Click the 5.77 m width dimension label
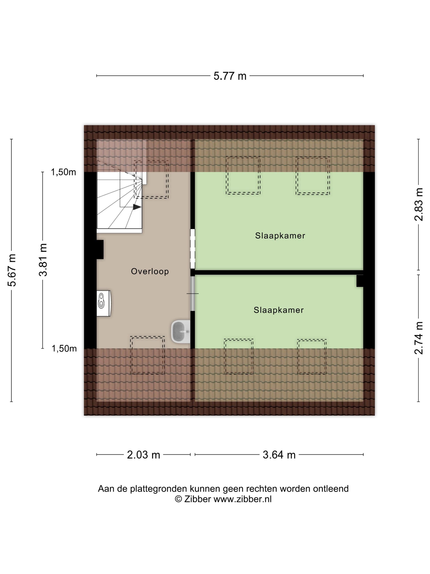coord(230,76)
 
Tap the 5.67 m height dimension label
coord(12,270)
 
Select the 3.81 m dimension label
coord(43,260)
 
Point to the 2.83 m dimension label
coord(419,204)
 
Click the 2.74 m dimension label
coord(419,338)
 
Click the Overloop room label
coord(150,271)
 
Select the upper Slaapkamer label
coord(280,235)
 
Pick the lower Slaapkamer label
coord(279,310)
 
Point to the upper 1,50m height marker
coord(63,172)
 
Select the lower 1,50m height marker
coord(64,348)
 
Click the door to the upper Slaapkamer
coord(193,249)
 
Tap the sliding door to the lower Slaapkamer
coord(193,294)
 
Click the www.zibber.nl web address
coord(242,499)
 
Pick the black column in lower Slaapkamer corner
coord(360,281)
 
